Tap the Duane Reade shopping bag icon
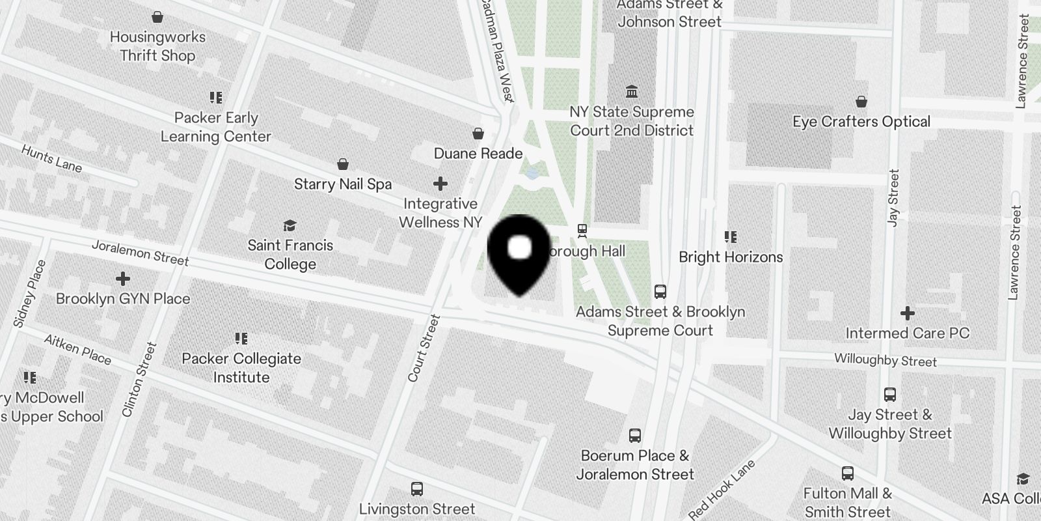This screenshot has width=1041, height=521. [x=478, y=134]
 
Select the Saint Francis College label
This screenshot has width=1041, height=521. [x=290, y=255]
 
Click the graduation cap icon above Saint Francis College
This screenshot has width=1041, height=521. [x=290, y=226]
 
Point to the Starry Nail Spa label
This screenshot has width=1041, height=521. [x=343, y=184]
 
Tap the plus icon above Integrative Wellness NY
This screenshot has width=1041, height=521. [x=440, y=184]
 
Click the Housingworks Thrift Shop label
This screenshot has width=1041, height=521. [x=157, y=46]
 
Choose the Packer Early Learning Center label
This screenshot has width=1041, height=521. [x=216, y=127]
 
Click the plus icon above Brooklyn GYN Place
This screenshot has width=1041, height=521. [x=122, y=279]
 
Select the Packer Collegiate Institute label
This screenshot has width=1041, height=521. [x=241, y=368]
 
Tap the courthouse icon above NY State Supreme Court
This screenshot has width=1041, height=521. [x=631, y=91]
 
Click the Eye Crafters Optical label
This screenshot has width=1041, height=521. [x=861, y=122]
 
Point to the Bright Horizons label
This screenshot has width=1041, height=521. [x=731, y=257]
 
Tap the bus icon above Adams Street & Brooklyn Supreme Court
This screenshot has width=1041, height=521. [x=660, y=292]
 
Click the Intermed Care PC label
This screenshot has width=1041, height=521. [x=907, y=333]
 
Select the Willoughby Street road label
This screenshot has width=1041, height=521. [x=886, y=360]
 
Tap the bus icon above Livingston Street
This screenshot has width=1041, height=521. [x=417, y=489]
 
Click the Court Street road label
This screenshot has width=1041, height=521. [x=424, y=348]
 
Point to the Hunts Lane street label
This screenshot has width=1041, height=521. [x=51, y=159]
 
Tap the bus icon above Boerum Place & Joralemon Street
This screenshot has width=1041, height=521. [x=635, y=436]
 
